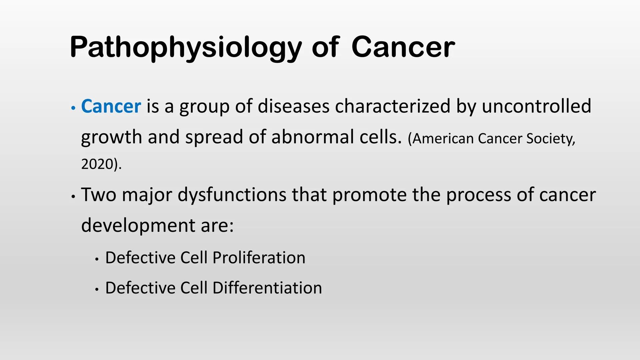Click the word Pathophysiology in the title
click(186, 47)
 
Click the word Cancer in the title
click(403, 47)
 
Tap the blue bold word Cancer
click(111, 106)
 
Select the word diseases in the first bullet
click(293, 106)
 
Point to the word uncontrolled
click(536, 106)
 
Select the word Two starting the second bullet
click(99, 195)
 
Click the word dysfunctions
click(232, 195)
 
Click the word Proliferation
click(259, 258)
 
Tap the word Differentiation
click(267, 288)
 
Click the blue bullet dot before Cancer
click(73, 108)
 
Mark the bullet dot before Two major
click(73, 197)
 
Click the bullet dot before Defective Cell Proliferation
click(97, 259)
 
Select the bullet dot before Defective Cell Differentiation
click(97, 290)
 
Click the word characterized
click(392, 106)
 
